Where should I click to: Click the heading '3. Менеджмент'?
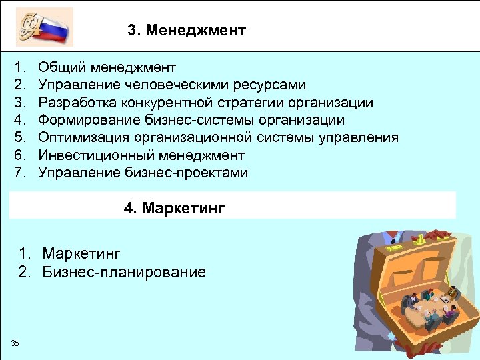coord(187,31)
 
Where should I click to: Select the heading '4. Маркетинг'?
coord(175,209)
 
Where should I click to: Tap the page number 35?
coord(15,343)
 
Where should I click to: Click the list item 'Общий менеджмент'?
coord(107,67)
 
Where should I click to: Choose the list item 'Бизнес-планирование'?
coord(124,272)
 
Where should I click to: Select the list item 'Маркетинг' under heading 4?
coord(81,253)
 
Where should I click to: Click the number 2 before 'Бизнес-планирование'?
coord(25,272)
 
